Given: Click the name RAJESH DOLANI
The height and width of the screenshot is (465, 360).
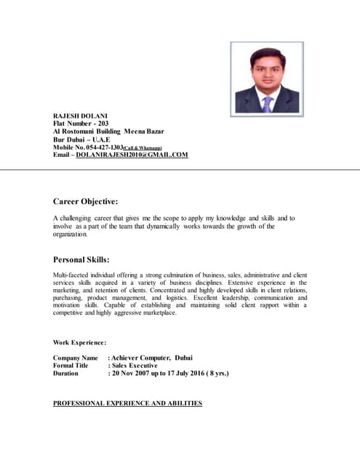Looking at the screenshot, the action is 79,116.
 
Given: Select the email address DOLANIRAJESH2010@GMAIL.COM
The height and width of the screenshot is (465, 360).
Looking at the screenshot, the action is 132,155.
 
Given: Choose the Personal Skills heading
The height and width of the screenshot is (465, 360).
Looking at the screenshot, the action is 81,259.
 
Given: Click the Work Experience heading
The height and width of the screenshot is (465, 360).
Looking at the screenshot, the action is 80,342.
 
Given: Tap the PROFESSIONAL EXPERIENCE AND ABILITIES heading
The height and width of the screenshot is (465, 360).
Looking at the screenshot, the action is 127,403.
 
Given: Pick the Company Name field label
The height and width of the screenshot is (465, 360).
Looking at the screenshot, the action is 76,358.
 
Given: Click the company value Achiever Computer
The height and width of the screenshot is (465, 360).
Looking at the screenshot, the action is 142,358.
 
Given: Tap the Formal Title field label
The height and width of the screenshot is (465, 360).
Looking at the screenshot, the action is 73,365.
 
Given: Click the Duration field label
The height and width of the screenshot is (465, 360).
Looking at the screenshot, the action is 69,373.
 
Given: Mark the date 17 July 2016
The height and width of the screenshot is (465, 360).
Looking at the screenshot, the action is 183,373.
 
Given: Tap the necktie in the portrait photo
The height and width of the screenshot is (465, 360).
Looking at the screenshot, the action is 267,102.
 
